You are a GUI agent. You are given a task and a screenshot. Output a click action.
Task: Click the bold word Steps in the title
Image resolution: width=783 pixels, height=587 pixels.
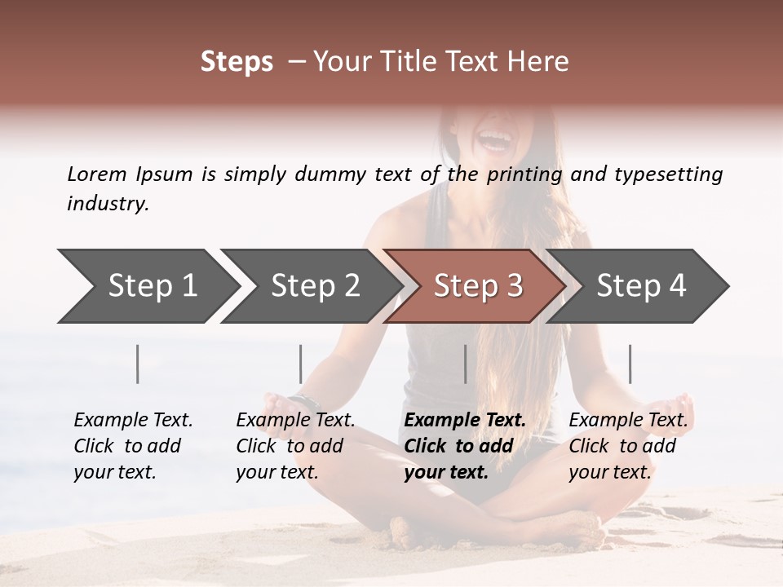(x=237, y=62)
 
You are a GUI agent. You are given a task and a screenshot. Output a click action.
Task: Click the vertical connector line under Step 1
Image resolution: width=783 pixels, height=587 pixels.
(x=138, y=364)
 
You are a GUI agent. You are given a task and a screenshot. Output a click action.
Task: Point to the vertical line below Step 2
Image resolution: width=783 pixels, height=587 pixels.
(x=301, y=364)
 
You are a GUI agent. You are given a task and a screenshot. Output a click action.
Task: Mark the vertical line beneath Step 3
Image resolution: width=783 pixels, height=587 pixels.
(x=465, y=364)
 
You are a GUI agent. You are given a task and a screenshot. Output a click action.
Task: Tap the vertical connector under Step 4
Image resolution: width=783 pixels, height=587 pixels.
(x=630, y=364)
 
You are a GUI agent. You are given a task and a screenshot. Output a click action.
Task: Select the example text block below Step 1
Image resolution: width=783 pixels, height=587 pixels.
(x=133, y=445)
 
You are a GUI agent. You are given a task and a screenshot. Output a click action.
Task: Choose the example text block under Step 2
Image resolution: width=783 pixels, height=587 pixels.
(x=295, y=445)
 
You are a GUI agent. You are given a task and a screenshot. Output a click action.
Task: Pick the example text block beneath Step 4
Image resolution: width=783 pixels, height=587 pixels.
(x=628, y=445)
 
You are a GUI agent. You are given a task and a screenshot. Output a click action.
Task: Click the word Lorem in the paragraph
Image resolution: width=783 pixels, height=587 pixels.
(x=97, y=174)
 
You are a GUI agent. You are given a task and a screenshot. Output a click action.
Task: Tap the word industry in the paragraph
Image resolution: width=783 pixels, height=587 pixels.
(x=108, y=203)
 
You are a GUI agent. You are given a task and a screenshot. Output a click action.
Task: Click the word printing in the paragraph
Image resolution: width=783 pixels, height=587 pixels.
(x=524, y=174)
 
